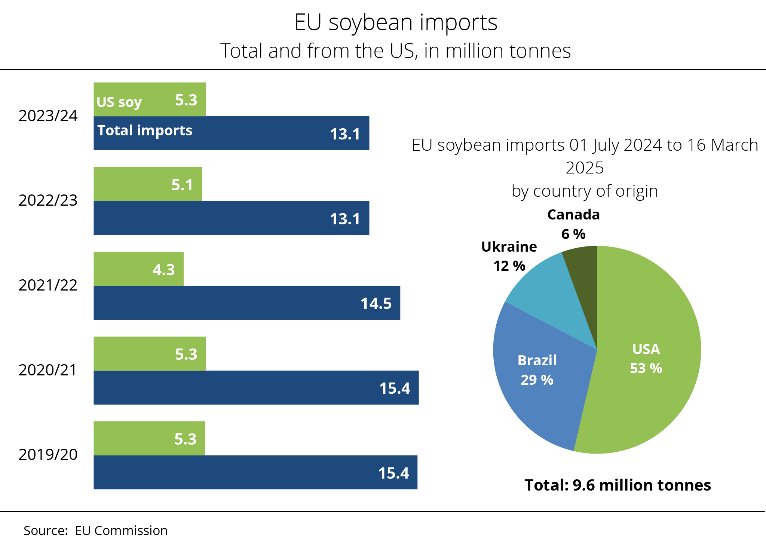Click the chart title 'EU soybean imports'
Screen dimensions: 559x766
point(395,22)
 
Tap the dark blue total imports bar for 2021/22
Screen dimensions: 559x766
point(224,303)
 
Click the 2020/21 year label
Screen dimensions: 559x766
point(48,370)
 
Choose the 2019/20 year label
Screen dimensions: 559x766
point(48,455)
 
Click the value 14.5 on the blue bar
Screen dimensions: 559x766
point(376,303)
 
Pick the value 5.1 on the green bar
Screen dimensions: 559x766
point(182,185)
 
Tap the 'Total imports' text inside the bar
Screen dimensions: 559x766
point(145,130)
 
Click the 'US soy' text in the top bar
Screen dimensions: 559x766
point(119,102)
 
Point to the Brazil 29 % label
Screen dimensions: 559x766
point(537,370)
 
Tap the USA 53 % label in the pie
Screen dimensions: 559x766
point(646,359)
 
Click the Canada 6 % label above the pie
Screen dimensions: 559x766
point(573,224)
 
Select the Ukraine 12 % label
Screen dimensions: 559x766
point(509,256)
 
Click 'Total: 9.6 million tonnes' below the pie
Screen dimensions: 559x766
point(618,485)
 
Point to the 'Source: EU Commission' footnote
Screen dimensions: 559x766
point(95,531)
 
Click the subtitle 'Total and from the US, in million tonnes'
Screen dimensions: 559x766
point(395,51)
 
